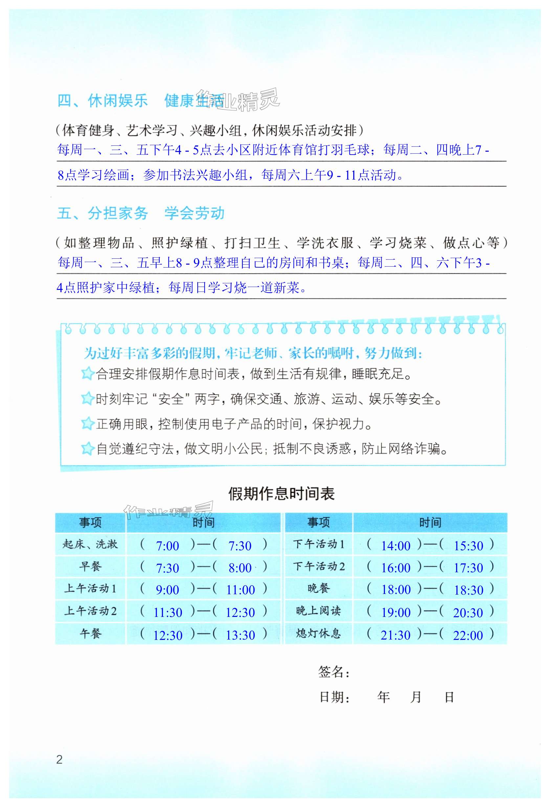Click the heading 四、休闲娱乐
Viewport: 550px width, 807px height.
click(x=103, y=101)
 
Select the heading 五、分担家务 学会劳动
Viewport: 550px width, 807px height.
click(x=141, y=213)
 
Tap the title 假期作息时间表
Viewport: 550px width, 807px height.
click(x=281, y=494)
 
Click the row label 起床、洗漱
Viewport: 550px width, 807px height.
click(x=90, y=544)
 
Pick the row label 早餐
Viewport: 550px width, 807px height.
click(x=90, y=566)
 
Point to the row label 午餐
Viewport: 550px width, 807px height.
click(x=90, y=633)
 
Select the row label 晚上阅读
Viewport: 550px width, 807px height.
click(x=319, y=611)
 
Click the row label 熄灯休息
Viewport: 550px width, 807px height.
click(x=319, y=633)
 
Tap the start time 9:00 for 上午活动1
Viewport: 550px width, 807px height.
click(x=167, y=589)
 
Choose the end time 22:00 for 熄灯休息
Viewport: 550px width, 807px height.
click(x=468, y=635)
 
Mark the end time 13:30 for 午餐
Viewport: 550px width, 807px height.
click(x=240, y=635)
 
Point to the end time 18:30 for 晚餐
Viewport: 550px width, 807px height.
click(x=468, y=590)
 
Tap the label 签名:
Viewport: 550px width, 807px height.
click(x=333, y=672)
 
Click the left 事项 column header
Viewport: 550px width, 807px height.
click(x=90, y=522)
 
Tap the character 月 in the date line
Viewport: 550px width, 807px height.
click(x=416, y=697)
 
